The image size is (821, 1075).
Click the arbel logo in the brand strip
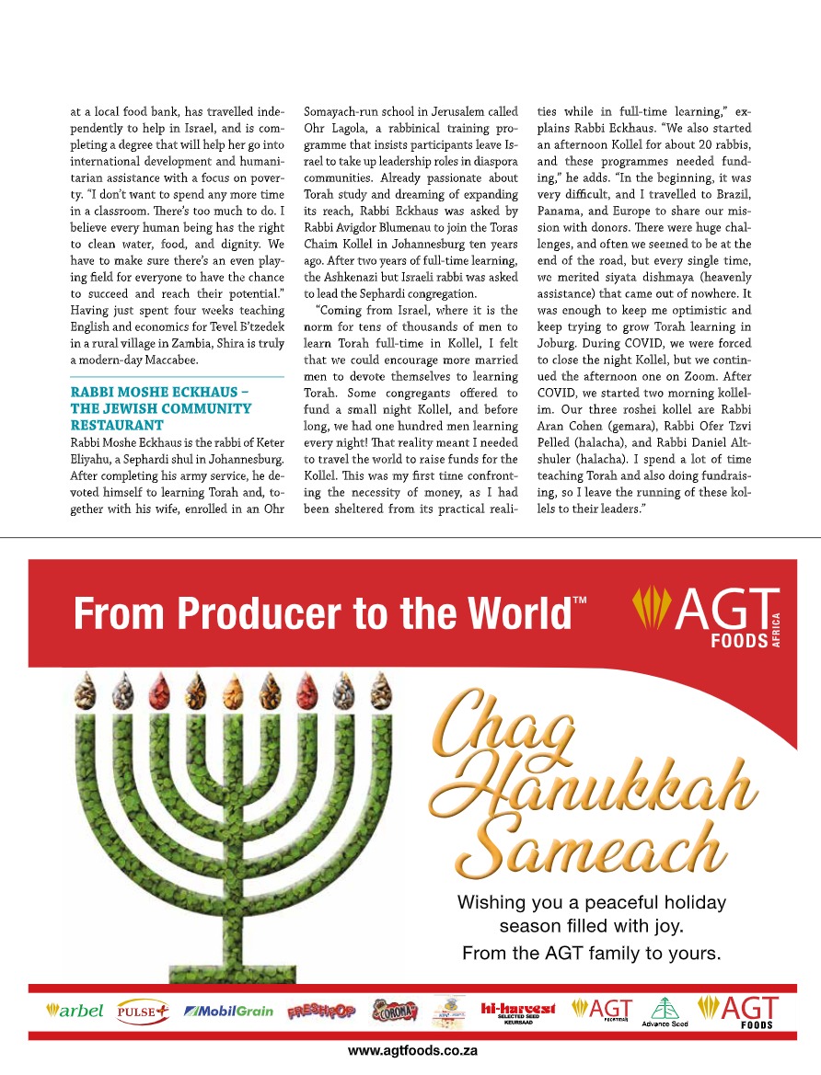click(75, 1011)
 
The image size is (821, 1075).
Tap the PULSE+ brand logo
click(143, 1011)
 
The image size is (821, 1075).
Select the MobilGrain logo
click(228, 1011)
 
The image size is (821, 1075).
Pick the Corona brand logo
click(394, 1011)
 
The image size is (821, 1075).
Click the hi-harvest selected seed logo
click(518, 1010)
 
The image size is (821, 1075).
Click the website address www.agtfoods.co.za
click(410, 1050)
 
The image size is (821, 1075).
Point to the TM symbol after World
click(580, 601)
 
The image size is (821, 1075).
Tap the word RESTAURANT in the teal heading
click(117, 426)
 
